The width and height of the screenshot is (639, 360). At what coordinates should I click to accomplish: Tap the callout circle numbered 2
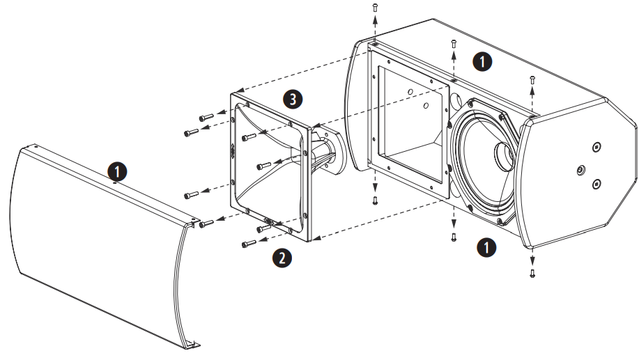pyautogui.click(x=282, y=258)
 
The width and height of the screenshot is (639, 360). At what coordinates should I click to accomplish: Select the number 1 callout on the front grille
pyautogui.click(x=116, y=170)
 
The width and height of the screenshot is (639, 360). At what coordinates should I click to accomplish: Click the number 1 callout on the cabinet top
pyautogui.click(x=482, y=61)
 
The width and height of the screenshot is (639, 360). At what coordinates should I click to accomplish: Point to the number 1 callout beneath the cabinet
pyautogui.click(x=486, y=246)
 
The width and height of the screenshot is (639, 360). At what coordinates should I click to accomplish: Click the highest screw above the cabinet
pyautogui.click(x=375, y=6)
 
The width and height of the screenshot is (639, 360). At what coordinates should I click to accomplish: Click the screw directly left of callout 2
pyautogui.click(x=249, y=244)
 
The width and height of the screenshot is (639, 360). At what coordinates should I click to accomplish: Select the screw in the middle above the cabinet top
pyautogui.click(x=454, y=43)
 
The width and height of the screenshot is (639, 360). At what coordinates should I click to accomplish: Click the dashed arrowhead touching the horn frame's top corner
pyautogui.click(x=237, y=91)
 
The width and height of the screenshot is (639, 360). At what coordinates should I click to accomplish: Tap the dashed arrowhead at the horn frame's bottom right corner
pyautogui.click(x=315, y=238)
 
